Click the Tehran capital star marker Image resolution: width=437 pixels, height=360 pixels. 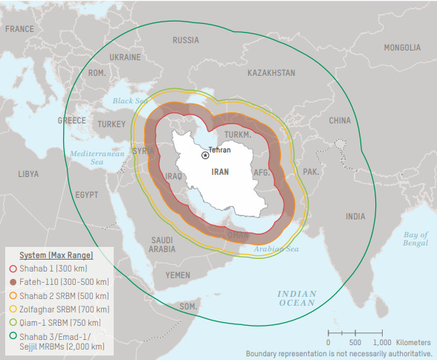point(205,155)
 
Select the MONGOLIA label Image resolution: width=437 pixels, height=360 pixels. point(401,48)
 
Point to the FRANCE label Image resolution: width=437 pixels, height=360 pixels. point(20,29)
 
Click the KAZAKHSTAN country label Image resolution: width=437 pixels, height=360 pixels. point(271,73)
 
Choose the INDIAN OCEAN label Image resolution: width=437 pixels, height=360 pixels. point(297,298)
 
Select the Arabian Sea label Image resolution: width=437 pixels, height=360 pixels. point(275,249)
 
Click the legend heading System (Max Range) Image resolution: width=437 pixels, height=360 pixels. point(56,255)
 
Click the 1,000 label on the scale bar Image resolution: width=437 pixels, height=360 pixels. point(381,342)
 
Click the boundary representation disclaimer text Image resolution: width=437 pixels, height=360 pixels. point(339,353)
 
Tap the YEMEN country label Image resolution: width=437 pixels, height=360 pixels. point(178,275)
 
